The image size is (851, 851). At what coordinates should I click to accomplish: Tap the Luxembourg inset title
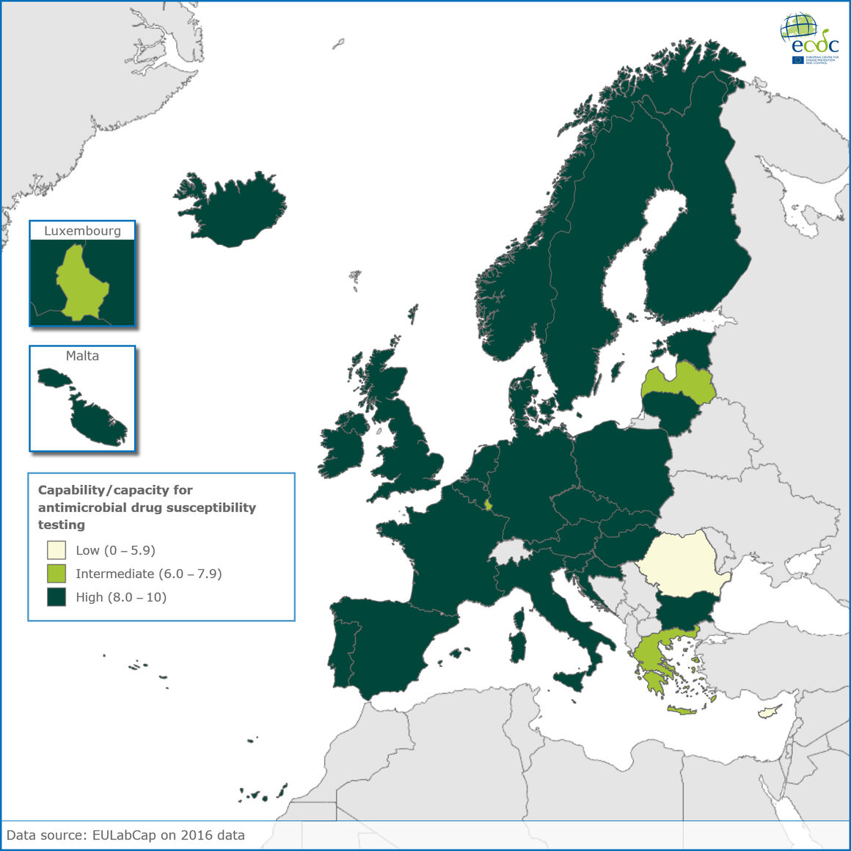tap(82, 230)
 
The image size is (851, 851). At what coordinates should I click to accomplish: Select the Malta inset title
tap(82, 356)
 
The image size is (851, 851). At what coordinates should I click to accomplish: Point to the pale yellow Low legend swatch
tap(56, 550)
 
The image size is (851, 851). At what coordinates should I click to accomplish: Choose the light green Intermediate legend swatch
tap(56, 574)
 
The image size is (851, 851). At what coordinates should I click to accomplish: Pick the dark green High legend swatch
tap(56, 597)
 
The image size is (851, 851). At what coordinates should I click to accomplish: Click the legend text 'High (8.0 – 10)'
tap(121, 597)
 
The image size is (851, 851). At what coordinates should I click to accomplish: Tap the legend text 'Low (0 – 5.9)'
tap(115, 550)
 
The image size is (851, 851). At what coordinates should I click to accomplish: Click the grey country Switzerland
tap(511, 552)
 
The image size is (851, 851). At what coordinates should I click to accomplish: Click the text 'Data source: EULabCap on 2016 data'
tap(125, 835)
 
